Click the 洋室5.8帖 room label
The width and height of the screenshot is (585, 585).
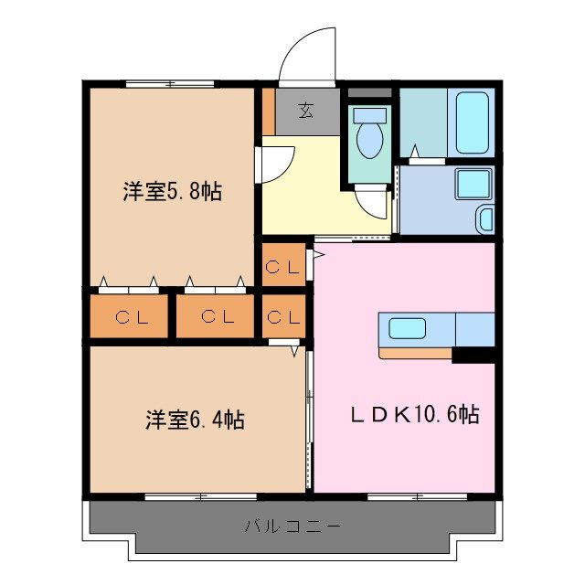[x=172, y=192]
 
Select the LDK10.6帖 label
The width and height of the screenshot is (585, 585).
[x=415, y=414]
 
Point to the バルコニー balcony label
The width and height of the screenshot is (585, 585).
[x=292, y=526]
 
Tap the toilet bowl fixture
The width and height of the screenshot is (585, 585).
[x=370, y=137]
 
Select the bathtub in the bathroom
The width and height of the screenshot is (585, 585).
[x=473, y=122]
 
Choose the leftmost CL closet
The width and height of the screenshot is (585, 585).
[x=128, y=316]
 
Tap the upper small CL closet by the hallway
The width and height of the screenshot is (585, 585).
[x=282, y=266]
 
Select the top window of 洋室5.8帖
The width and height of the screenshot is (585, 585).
[x=170, y=84]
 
